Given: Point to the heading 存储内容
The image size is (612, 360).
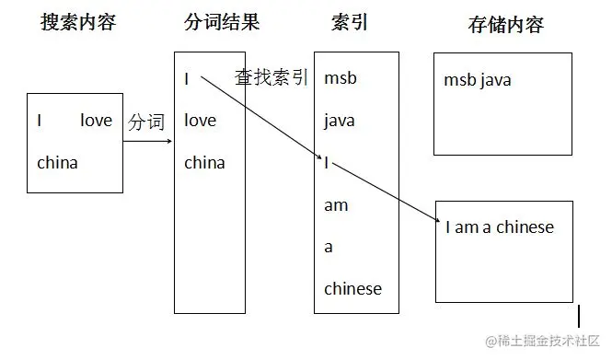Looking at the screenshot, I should tap(505, 25).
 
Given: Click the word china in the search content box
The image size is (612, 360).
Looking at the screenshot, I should tap(57, 163).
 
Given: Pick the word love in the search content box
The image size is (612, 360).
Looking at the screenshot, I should tap(96, 121).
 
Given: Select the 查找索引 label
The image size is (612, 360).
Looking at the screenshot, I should tap(271, 77).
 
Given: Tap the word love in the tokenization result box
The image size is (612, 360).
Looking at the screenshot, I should tap(201, 121).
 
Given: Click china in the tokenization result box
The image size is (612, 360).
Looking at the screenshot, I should tap(204, 163).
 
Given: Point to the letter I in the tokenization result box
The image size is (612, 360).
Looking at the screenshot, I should tap(187, 79).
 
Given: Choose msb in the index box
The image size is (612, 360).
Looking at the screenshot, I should tap(340, 78).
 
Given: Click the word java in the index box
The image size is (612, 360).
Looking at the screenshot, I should tap(339, 121).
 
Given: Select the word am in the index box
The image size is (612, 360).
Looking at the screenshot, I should tap(336, 205).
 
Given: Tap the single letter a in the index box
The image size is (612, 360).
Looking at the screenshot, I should tap(329, 248).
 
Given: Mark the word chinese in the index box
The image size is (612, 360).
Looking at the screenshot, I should tap(352, 289).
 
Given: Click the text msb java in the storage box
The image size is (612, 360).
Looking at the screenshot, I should tap(477, 80).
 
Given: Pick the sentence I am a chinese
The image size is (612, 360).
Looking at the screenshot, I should tap(500, 227).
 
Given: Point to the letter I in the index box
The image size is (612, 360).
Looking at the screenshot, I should tap(327, 163).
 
